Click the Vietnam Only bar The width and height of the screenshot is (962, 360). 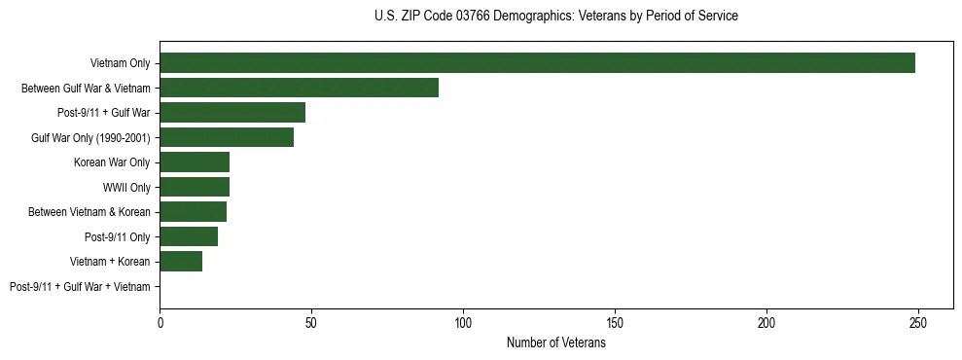coord(537,63)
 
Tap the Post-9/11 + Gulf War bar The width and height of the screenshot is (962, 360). coord(232,113)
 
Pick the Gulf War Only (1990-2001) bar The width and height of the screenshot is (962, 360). coord(227,137)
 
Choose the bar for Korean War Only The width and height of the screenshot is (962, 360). coord(195,162)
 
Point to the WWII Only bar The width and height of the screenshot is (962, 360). coord(195,187)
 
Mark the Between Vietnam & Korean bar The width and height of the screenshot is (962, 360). coord(193,212)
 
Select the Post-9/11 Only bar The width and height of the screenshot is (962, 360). coord(189,236)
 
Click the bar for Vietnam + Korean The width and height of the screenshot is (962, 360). coord(181,262)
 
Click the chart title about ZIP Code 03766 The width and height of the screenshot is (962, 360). coord(555,17)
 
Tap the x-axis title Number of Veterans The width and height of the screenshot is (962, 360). coord(555,343)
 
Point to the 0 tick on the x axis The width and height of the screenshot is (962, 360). coord(160,322)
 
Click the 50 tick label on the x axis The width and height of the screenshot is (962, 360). coord(311,322)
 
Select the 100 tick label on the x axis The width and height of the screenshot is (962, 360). coord(463,322)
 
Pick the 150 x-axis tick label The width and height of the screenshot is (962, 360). coord(615,322)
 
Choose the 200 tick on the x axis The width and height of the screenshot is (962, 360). coord(766,322)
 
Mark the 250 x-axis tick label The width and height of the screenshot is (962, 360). coord(918,322)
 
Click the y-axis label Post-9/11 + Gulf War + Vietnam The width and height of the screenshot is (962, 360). coord(80,287)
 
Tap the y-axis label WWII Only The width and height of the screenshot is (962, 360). coord(126,188)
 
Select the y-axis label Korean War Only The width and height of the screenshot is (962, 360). coord(112,162)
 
